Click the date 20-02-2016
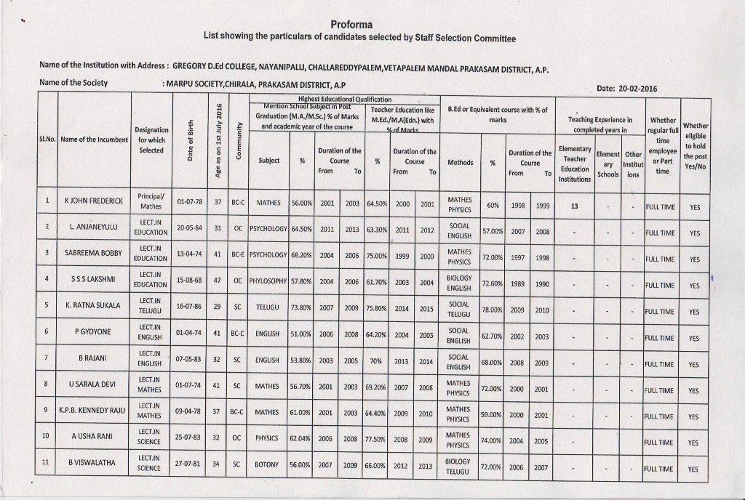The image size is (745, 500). pyautogui.click(x=626, y=89)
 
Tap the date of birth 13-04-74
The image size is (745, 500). pyautogui.click(x=189, y=254)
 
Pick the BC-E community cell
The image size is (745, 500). pyautogui.click(x=237, y=254)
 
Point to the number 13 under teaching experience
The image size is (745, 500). pyautogui.click(x=574, y=206)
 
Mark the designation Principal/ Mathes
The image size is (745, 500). pyautogui.click(x=150, y=201)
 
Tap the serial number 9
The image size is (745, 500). pyautogui.click(x=46, y=411)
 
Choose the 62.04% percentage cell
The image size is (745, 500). pyautogui.click(x=301, y=440)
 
